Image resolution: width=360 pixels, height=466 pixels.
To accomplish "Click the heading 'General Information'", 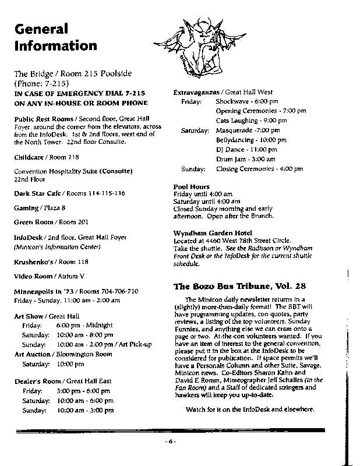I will pos(55,37).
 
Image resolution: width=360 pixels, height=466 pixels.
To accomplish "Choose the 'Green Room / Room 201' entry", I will pos(51,222).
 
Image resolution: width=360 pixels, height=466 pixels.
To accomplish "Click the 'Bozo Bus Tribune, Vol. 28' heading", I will pos(239,287).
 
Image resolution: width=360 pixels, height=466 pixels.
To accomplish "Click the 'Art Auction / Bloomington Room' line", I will pos(63,354).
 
